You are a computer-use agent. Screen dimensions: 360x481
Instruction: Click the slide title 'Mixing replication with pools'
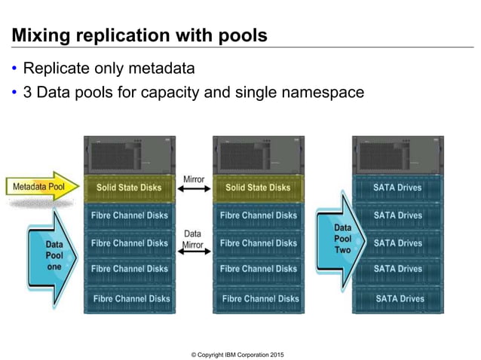click(139, 35)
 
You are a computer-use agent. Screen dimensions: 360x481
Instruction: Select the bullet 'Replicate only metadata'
click(109, 69)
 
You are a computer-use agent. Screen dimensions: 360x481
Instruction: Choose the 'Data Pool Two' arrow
click(342, 239)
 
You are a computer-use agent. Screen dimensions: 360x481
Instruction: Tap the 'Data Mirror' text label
click(194, 239)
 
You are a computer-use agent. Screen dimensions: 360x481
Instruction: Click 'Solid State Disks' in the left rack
click(129, 188)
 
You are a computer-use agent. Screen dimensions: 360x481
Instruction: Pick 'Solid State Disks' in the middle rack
click(258, 188)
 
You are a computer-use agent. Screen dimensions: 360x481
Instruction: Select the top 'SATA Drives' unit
click(398, 188)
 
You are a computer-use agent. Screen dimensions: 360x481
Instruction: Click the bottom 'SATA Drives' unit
click(398, 298)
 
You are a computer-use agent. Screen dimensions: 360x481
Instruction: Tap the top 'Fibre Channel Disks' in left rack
click(129, 215)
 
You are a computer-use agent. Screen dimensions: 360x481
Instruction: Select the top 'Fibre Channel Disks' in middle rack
click(258, 215)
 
